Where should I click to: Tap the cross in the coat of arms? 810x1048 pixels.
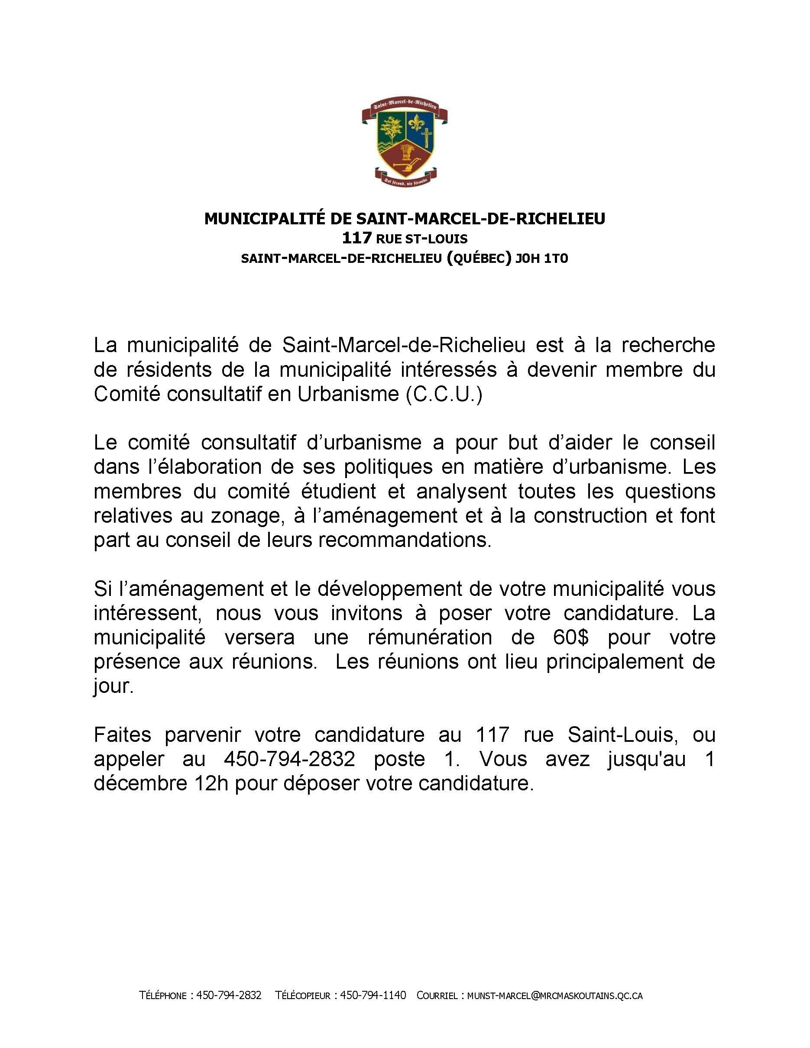coord(424,142)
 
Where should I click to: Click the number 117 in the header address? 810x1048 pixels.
coord(357,237)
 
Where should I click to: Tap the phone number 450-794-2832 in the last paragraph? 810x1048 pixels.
coord(289,759)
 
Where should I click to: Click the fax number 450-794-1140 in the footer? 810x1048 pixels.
coord(373,995)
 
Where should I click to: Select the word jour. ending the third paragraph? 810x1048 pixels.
coord(113,686)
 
